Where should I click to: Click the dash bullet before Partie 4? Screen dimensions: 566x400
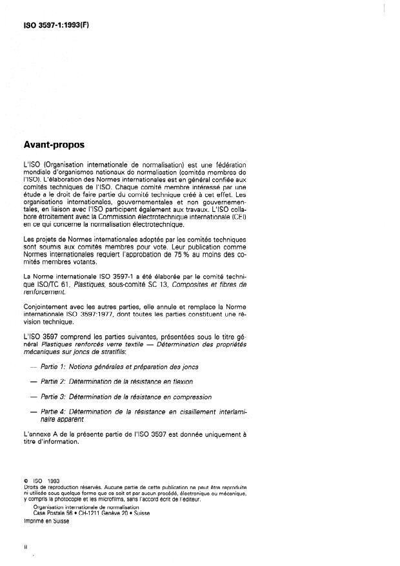coord(32,412)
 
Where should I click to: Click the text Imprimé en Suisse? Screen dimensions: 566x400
coord(46,521)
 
